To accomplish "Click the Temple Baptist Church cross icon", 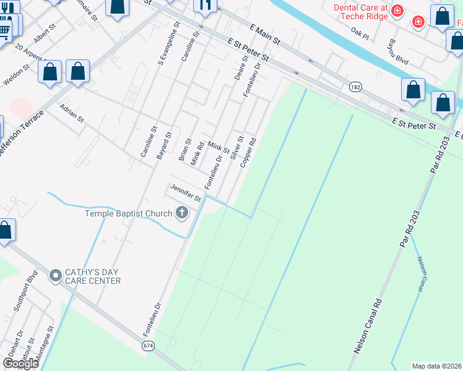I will tap(181, 213).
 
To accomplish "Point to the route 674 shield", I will tap(147, 346).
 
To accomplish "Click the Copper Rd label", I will tap(248, 153).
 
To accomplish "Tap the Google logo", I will tap(20, 364).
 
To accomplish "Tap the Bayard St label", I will tap(163, 145).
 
